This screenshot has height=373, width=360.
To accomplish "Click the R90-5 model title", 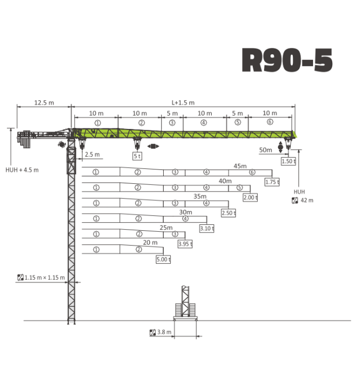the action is tap(287, 60).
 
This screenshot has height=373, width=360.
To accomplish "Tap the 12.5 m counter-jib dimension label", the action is tap(44, 103).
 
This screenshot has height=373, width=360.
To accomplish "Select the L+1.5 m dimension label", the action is tap(183, 103).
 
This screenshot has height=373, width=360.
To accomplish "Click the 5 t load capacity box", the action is tap(137, 156).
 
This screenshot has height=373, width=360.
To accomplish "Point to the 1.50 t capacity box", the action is tap(289, 161).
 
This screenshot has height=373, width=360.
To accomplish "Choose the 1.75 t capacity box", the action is tap(272, 182).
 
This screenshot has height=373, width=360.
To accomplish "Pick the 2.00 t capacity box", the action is tap(250, 198).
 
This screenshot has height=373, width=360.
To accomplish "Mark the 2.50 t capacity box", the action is tap(229, 213).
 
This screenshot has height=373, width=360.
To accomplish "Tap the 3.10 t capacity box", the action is tap(207, 229).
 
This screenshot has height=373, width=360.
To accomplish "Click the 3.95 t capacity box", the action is tap(185, 244).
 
